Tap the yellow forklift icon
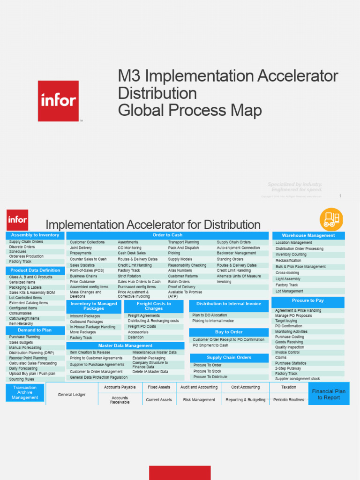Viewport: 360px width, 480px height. pyautogui.click(x=331, y=219)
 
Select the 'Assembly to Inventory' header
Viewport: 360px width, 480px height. pyautogui.click(x=35, y=235)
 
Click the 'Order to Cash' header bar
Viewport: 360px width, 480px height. pyautogui.click(x=167, y=235)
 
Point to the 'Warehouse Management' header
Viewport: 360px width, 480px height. pyautogui.click(x=308, y=236)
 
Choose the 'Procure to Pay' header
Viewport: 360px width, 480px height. pyautogui.click(x=307, y=300)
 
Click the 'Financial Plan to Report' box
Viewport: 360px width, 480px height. pyautogui.click(x=329, y=394)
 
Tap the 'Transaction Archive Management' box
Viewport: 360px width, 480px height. pyautogui.click(x=25, y=392)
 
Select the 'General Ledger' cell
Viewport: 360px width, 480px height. pyautogui.click(x=72, y=395)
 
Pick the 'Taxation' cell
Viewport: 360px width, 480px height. pyautogui.click(x=289, y=387)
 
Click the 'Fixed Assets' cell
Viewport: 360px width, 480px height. pyautogui.click(x=159, y=387)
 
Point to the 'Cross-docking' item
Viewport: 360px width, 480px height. pyautogui.click(x=287, y=273)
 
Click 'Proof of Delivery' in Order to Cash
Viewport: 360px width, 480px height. pyautogui.click(x=182, y=287)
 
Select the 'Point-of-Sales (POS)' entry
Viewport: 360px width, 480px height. pyautogui.click(x=87, y=270)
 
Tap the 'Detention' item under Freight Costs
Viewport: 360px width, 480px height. pyautogui.click(x=136, y=337)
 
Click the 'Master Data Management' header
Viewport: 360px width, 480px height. pyautogui.click(x=125, y=346)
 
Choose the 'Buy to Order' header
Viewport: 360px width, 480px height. pyautogui.click(x=229, y=332)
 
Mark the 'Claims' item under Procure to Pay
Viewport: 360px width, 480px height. pyautogui.click(x=281, y=358)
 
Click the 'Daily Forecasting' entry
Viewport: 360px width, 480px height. pyautogui.click(x=23, y=368)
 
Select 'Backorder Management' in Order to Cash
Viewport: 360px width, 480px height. pyautogui.click(x=236, y=253)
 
